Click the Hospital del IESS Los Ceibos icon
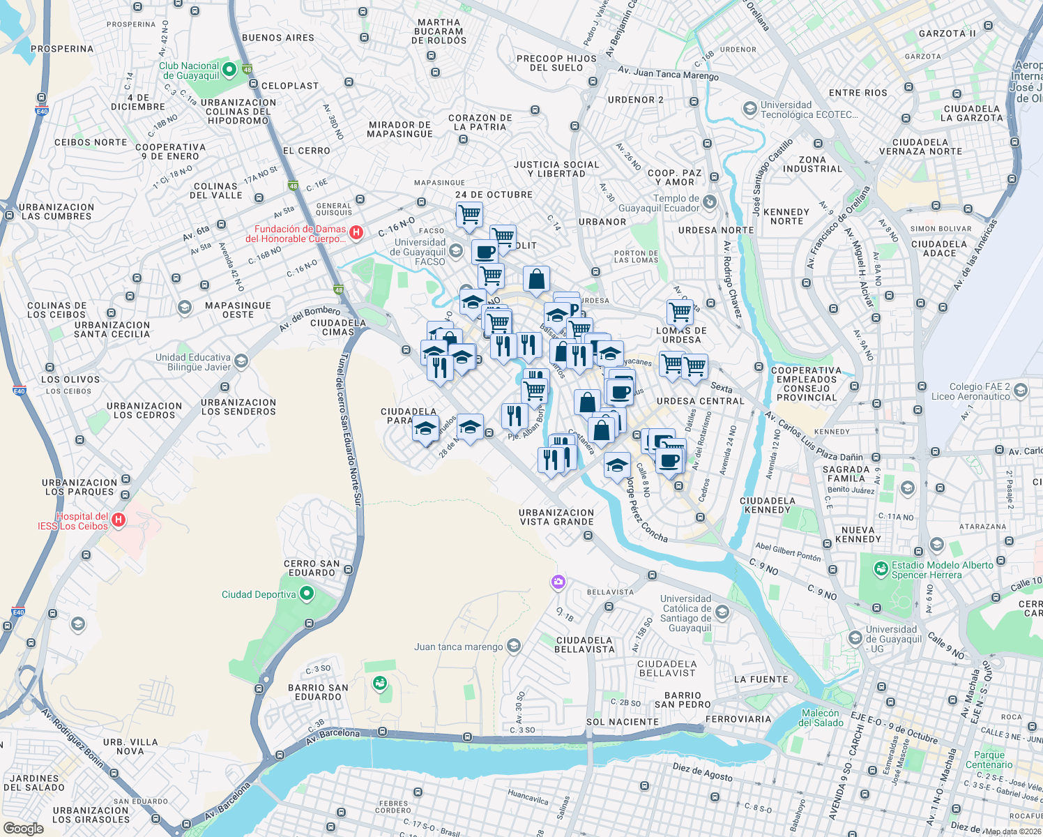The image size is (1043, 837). (x=119, y=520)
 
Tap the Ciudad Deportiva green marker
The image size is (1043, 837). (x=307, y=594)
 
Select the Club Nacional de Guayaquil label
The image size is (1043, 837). (x=189, y=70)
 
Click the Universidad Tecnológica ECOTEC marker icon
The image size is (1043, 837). (x=749, y=109)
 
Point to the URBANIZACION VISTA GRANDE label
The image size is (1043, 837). (x=556, y=517)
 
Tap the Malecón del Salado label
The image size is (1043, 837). (x=821, y=718)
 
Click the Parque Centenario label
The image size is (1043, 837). (x=989, y=760)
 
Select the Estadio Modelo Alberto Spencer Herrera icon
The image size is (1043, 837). (x=881, y=570)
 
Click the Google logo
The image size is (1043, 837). (x=23, y=829)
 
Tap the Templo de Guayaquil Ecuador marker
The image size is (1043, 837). (x=710, y=202)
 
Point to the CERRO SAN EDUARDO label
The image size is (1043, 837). (x=312, y=568)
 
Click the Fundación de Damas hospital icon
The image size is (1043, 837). (x=356, y=233)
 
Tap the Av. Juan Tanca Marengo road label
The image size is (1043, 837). (x=668, y=73)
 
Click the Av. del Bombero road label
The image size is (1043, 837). (x=310, y=318)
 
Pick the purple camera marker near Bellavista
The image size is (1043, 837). (x=558, y=582)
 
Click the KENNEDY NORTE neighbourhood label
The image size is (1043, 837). (x=786, y=216)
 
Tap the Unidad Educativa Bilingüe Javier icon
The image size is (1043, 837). (x=241, y=361)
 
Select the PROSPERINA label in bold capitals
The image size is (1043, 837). (x=62, y=49)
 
